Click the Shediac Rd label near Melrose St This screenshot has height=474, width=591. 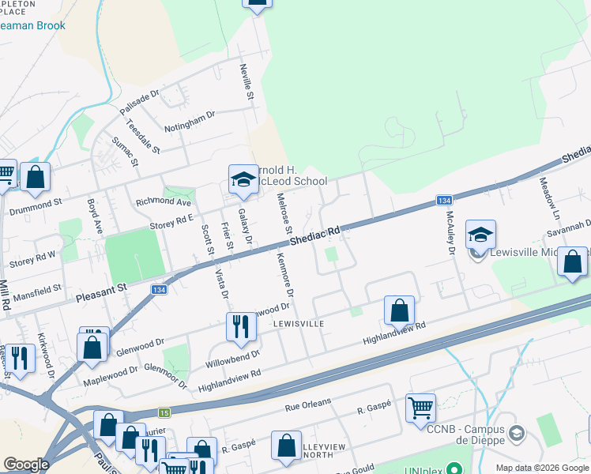coord(314,235)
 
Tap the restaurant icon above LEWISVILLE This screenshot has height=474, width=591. coord(238,325)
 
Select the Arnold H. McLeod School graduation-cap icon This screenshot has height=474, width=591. coord(243,180)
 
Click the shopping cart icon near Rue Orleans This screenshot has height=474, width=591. coord(420,408)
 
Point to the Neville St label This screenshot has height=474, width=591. coord(247,81)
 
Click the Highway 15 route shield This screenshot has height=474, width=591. coord(164,412)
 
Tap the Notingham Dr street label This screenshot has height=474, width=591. coord(189,121)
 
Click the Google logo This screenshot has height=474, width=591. coord(26,465)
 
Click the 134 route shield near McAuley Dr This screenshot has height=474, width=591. coord(444,201)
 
